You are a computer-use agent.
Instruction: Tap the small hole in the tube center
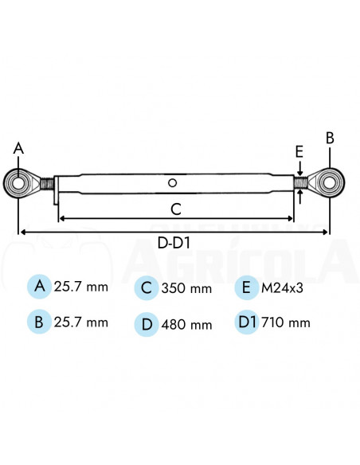pyautogui.click(x=173, y=183)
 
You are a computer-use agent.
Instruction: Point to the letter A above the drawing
pyautogui.click(x=19, y=148)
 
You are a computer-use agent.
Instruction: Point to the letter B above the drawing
pyautogui.click(x=330, y=137)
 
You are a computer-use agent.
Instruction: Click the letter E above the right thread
pyautogui.click(x=299, y=150)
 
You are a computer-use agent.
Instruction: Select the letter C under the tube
pyautogui.click(x=176, y=209)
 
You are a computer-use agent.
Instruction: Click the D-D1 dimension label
pyautogui.click(x=176, y=243)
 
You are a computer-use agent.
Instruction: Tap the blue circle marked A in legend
pyautogui.click(x=37, y=287)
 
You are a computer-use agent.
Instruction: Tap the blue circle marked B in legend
pyautogui.click(x=37, y=322)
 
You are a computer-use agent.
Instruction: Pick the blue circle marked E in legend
pyautogui.click(x=248, y=287)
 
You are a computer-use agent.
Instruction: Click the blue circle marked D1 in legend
pyautogui.click(x=248, y=322)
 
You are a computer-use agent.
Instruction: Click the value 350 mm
pyautogui.click(x=186, y=288)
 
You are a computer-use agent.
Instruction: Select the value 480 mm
pyautogui.click(x=186, y=324)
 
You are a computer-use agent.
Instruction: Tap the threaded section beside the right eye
pyautogui.click(x=300, y=182)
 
